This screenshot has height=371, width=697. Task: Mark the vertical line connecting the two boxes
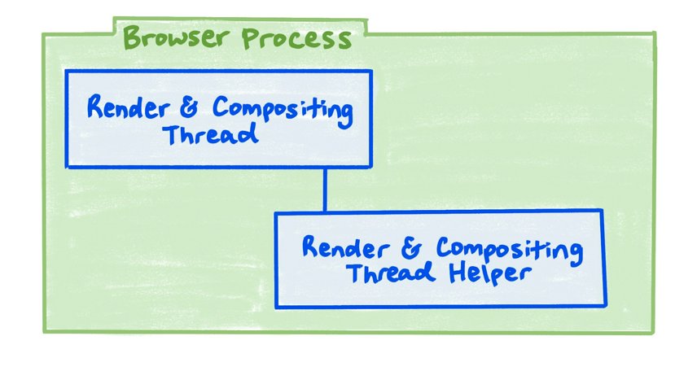point(326,189)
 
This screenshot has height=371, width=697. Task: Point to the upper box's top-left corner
point(67,72)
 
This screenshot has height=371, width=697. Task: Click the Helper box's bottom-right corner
point(605,306)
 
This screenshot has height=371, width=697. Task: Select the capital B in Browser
point(130,38)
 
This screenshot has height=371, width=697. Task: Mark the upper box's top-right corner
point(371,72)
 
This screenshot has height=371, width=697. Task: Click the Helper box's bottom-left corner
point(276,307)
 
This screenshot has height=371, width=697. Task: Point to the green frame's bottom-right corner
point(654,332)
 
